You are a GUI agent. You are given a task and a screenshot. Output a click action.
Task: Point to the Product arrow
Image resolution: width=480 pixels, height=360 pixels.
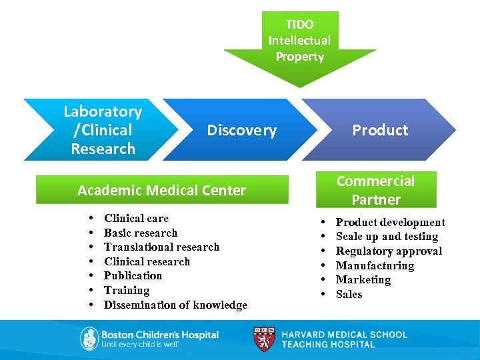[x=380, y=130]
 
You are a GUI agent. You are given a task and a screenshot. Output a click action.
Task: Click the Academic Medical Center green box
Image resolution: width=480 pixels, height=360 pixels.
[x=162, y=190]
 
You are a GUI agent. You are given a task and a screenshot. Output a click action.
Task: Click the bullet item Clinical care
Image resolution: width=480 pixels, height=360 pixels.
[x=136, y=219]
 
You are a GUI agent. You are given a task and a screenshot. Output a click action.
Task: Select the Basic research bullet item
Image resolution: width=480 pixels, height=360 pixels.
[x=141, y=233]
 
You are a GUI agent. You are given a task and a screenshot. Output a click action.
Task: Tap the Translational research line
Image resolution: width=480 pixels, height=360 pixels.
[x=161, y=247]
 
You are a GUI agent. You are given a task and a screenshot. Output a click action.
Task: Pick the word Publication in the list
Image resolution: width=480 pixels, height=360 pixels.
[x=133, y=275]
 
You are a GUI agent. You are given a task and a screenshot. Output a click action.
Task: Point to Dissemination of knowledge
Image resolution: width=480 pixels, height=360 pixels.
[x=175, y=305]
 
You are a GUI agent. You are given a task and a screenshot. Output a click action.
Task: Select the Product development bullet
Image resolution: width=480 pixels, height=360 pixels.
[x=390, y=222]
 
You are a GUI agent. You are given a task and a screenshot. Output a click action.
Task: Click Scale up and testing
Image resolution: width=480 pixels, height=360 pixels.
[x=387, y=237]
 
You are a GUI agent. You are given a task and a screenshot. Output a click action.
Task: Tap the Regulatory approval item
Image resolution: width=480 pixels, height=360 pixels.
[x=389, y=251]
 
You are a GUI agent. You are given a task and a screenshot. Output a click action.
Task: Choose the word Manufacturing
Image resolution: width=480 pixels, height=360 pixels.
[x=375, y=265]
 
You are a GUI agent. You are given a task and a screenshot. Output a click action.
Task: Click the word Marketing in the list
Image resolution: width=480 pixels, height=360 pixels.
[x=363, y=280]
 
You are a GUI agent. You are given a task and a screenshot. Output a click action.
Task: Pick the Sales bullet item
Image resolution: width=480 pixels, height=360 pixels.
[x=349, y=294]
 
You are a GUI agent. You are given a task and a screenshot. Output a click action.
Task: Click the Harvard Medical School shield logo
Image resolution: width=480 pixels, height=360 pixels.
[x=264, y=339]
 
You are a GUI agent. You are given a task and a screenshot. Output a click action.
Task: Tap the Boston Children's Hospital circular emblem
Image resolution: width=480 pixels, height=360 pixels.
[x=89, y=339]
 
